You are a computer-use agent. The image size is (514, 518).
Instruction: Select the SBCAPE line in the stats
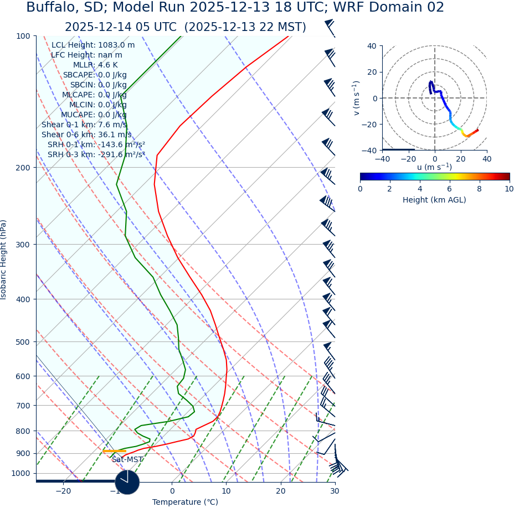pyautogui.click(x=95, y=75)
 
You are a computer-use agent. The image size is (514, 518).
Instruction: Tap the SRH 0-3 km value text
pyautogui.click(x=96, y=155)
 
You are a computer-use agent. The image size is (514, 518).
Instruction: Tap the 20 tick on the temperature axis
pyautogui.click(x=281, y=491)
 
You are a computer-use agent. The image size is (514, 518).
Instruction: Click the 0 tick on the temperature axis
pyautogui.click(x=172, y=491)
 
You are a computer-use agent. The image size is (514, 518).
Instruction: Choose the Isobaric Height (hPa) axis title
pyautogui.click(x=4, y=260)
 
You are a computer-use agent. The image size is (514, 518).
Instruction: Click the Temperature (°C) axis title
pyautogui.click(x=185, y=503)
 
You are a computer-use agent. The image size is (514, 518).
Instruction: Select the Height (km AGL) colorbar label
pyautogui.click(x=434, y=200)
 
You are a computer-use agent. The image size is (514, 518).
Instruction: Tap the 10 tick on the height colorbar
pyautogui.click(x=509, y=189)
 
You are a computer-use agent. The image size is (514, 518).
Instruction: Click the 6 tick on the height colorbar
pyautogui.click(x=449, y=189)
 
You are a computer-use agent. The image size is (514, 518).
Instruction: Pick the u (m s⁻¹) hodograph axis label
pyautogui.click(x=434, y=167)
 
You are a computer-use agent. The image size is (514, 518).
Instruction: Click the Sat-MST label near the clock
pyautogui.click(x=127, y=460)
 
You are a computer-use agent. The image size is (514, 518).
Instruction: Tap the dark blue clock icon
pyautogui.click(x=127, y=481)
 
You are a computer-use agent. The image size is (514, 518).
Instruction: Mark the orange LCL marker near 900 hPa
pyautogui.click(x=114, y=452)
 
